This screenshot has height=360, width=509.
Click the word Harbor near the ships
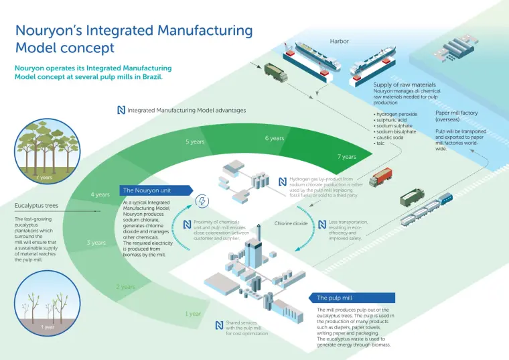point(340,42)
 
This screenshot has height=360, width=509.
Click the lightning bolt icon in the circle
point(202,202)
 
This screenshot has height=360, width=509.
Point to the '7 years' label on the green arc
point(347,156)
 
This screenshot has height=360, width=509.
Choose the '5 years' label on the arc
point(195,142)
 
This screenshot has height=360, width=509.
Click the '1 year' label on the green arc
point(193,314)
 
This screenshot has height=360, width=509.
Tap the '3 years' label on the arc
point(96,243)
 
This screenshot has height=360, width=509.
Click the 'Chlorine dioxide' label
point(291,223)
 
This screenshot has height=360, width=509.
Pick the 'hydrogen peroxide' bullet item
point(396,115)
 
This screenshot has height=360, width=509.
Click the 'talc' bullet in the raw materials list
point(379,143)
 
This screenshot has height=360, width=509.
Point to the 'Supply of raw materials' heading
point(405,85)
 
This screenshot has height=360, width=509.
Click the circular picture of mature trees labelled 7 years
point(46,151)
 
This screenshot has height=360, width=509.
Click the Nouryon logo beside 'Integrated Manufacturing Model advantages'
point(121,110)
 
